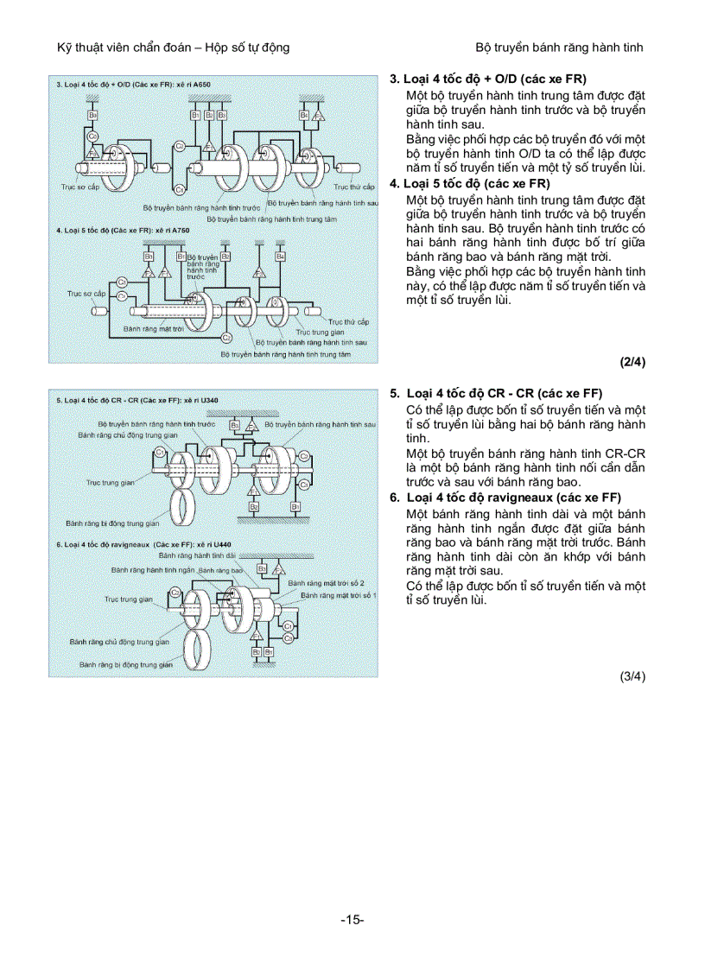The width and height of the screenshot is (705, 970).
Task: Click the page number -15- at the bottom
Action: tap(352, 919)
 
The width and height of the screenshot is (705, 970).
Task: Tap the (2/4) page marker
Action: tap(632, 362)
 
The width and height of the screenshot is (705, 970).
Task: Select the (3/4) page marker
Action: tap(632, 676)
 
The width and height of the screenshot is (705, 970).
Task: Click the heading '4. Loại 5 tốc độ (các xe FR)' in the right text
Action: tap(470, 183)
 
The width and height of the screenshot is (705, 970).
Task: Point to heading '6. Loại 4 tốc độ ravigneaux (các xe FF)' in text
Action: tap(505, 498)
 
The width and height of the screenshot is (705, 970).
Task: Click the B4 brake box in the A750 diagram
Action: tap(280, 257)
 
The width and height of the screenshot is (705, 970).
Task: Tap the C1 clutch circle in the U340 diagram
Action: tap(160, 453)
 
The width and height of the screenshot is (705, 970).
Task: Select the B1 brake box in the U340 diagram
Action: tap(295, 506)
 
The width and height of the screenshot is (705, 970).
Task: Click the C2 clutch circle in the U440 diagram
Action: tap(175, 593)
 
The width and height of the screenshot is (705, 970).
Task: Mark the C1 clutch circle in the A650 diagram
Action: tap(179, 188)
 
